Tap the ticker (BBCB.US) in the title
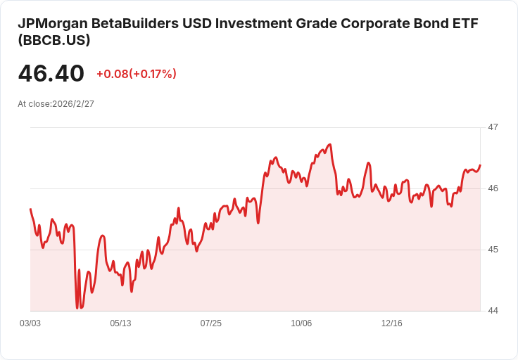point(53,41)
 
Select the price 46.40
point(51,73)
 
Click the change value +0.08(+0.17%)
point(136,74)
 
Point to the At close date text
point(56,103)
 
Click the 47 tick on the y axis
point(493,127)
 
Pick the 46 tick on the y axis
point(493,188)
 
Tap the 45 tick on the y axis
point(493,250)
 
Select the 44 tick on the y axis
point(493,311)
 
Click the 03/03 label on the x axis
point(30,323)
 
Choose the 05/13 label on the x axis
point(120,323)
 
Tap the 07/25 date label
point(210,323)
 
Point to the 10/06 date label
point(301,323)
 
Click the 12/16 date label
point(391,323)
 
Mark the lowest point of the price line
point(77,308)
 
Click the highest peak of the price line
point(329,145)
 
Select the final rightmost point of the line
point(480,165)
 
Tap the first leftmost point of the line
point(30,209)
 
